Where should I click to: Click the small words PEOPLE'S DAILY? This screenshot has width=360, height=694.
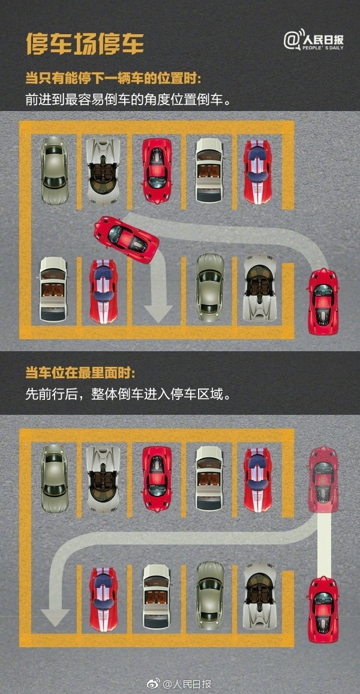pyautogui.click(x=322, y=47)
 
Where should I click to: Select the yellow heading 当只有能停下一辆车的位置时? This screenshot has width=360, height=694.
pyautogui.click(x=112, y=78)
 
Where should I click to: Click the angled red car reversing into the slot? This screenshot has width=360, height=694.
pyautogui.click(x=126, y=238)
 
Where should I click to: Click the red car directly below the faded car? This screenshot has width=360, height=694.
pyautogui.click(x=323, y=609)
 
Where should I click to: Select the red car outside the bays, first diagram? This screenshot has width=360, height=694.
pyautogui.click(x=323, y=301)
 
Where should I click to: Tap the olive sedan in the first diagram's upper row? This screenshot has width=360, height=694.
pyautogui.click(x=54, y=170)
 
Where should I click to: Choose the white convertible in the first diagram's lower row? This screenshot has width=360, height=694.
pyautogui.click(x=53, y=289)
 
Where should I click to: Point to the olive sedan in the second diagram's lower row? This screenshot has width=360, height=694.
pyautogui.click(x=210, y=595)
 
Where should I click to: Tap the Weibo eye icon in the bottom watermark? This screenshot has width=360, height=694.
pyautogui.click(x=154, y=684)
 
